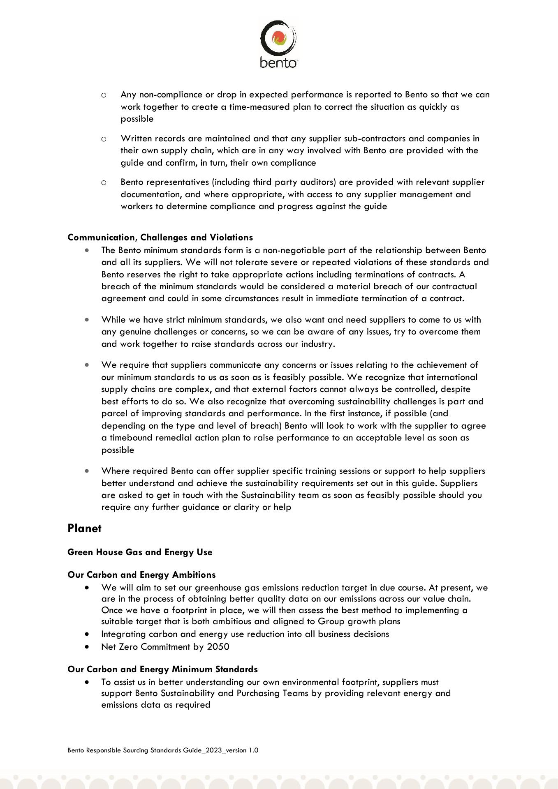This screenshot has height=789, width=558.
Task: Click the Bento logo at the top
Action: pos(279,44)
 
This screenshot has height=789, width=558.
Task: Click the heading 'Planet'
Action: pos(84,528)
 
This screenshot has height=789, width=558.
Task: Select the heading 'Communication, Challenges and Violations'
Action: pos(160,237)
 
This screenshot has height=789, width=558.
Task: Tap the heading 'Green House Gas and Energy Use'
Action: pos(140,552)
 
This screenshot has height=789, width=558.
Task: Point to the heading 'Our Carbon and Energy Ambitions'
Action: pos(141,574)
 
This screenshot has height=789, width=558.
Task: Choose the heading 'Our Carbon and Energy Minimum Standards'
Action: pos(162,669)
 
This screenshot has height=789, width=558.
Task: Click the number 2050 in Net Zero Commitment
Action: pos(218,646)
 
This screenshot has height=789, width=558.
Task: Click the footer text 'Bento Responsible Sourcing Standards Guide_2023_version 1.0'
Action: pos(163,750)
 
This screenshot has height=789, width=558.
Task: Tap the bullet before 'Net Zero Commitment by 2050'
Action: pos(86,646)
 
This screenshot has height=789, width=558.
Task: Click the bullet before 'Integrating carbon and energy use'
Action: pos(86,634)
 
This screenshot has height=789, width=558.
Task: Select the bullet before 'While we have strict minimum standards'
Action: pos(86,319)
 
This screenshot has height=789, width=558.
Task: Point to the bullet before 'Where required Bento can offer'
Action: pos(86,471)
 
